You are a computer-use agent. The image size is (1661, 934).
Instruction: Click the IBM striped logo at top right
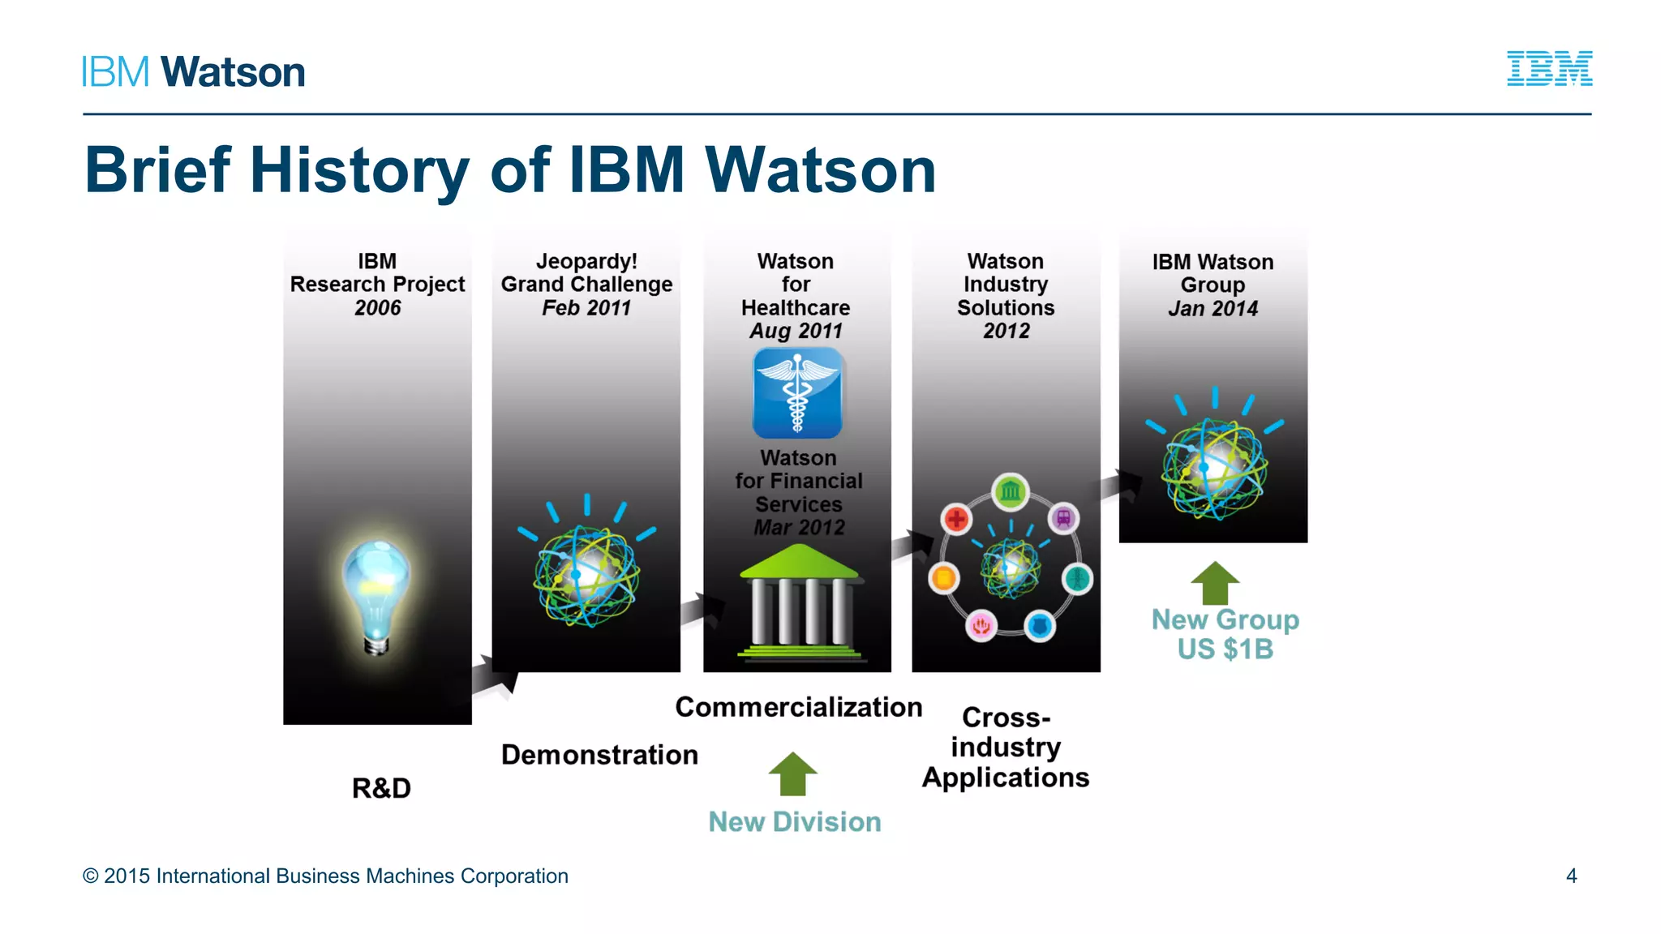[1549, 69]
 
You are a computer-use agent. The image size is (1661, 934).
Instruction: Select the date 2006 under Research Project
[377, 308]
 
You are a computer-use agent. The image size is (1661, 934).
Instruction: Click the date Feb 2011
[586, 308]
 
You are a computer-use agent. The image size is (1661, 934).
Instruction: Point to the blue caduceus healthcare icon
[797, 393]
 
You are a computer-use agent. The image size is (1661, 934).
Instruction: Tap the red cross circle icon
[957, 519]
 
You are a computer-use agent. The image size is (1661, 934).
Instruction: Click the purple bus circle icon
[1063, 517]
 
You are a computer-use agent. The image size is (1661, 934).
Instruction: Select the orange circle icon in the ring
[944, 578]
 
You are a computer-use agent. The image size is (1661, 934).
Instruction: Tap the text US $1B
[1225, 649]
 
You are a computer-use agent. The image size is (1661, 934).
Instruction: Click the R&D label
[381, 788]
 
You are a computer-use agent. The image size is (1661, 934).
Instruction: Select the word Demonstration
[599, 755]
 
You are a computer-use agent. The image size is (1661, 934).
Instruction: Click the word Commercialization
[798, 707]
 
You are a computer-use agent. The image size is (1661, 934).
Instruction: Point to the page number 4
[1571, 876]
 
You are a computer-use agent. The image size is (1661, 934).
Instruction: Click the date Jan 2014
[1212, 309]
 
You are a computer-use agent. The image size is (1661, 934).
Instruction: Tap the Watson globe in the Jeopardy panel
[586, 576]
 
